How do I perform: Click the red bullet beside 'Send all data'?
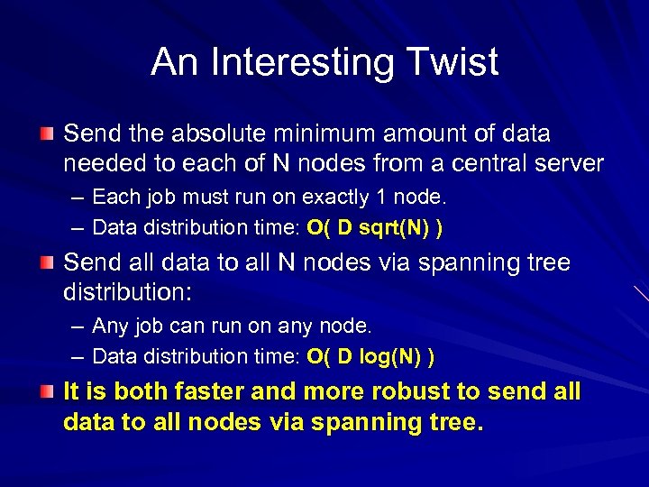(x=46, y=263)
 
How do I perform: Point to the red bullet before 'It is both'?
(x=46, y=392)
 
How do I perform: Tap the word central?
(x=479, y=163)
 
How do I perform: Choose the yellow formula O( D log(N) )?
(x=370, y=357)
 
